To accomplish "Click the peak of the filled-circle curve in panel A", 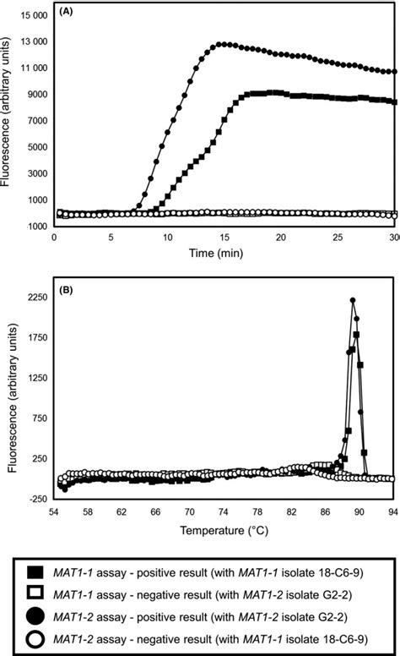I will pyautogui.click(x=219, y=44).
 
